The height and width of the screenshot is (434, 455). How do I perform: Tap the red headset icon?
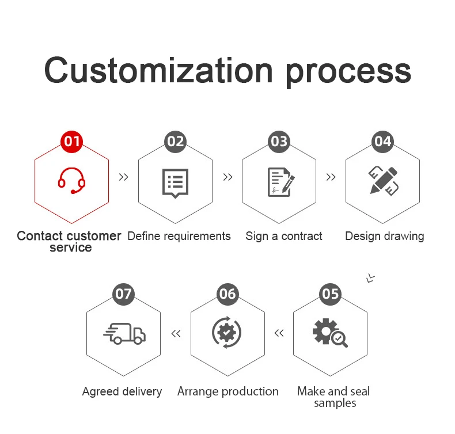click(71, 181)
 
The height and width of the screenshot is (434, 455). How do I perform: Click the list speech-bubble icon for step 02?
click(175, 183)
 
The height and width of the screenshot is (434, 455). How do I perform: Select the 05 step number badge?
click(331, 294)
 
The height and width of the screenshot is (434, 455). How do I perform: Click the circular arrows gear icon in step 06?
click(227, 333)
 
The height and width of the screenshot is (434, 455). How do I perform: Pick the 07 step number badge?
click(123, 294)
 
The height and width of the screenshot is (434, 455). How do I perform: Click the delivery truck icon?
click(124, 333)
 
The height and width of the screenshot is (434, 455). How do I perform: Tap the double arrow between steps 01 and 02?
click(123, 177)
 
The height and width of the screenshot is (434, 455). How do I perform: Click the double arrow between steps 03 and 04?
click(331, 177)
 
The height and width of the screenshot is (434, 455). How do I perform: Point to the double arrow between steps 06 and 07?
click(176, 333)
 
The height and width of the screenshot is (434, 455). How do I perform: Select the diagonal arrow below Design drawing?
click(371, 278)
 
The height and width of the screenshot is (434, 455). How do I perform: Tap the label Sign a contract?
click(284, 236)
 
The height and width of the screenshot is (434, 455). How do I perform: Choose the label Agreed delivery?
click(122, 391)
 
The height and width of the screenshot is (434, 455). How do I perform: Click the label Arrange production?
click(228, 391)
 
